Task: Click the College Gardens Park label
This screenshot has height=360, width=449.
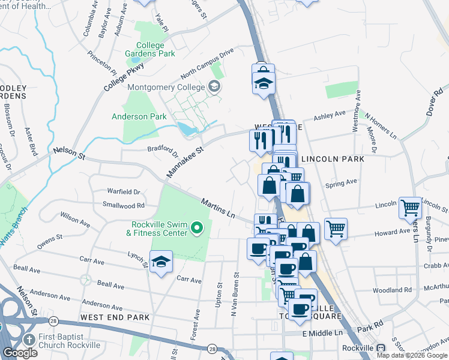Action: [155, 49]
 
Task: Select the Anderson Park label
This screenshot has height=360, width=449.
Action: [139, 116]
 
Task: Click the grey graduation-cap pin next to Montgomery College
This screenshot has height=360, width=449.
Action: [214, 88]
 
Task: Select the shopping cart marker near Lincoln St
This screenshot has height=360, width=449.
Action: [411, 208]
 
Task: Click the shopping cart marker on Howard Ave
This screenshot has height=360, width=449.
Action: [336, 229]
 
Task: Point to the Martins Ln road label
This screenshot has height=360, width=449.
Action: [217, 209]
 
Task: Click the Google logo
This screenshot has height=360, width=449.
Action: [20, 353]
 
